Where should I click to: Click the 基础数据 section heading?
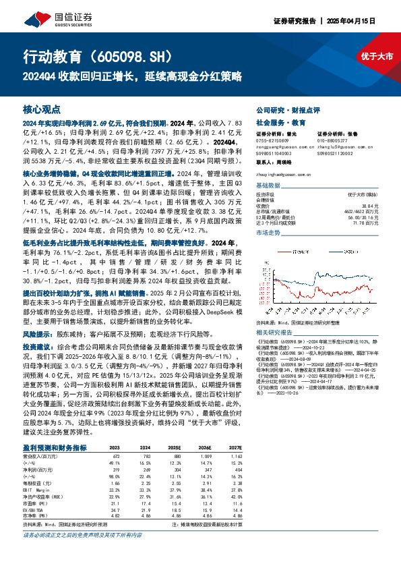(271, 185)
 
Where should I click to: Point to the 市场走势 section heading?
(271, 232)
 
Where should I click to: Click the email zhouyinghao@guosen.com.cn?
(284, 174)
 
